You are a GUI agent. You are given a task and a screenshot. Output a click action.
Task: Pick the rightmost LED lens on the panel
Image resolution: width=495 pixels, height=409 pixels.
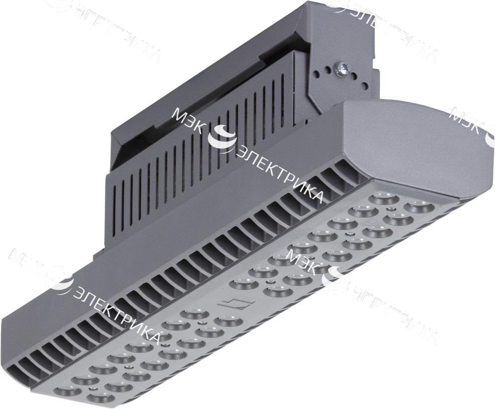coord(416,206)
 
